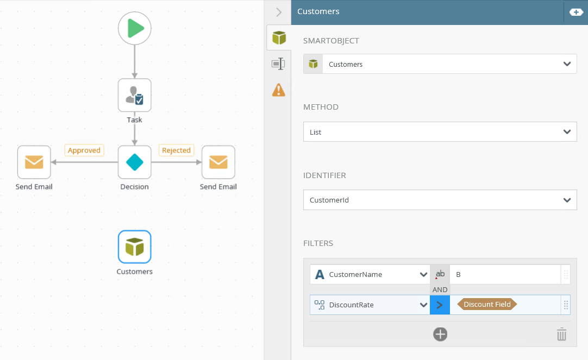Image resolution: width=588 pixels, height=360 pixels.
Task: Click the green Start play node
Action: [135, 28]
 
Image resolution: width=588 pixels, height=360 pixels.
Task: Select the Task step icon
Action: [135, 95]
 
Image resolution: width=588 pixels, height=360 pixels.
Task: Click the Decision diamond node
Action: [135, 162]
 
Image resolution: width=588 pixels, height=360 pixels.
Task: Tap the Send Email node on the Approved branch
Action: [34, 162]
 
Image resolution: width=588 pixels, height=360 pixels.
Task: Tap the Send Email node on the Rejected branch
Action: [218, 162]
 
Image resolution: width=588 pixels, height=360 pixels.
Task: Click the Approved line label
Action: [84, 150]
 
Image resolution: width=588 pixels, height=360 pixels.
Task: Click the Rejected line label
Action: [176, 150]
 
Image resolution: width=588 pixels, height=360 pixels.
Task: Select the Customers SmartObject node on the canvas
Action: [135, 247]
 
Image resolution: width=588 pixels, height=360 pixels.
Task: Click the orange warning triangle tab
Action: [279, 90]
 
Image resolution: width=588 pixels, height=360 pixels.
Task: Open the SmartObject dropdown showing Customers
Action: [440, 64]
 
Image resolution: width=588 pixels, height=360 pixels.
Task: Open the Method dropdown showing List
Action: [440, 132]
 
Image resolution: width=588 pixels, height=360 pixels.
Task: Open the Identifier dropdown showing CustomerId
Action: [440, 200]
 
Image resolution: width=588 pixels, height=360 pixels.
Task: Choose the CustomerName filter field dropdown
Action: [370, 275]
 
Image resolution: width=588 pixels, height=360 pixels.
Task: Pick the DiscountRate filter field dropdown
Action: [370, 305]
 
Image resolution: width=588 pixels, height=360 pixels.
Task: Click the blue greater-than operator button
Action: [440, 305]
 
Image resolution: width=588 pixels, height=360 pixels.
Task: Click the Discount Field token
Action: [487, 305]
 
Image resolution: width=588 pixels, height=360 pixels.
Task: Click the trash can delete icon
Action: [561, 334]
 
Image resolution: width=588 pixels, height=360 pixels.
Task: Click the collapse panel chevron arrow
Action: [279, 12]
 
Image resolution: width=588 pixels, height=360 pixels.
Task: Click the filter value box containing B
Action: [505, 275]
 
